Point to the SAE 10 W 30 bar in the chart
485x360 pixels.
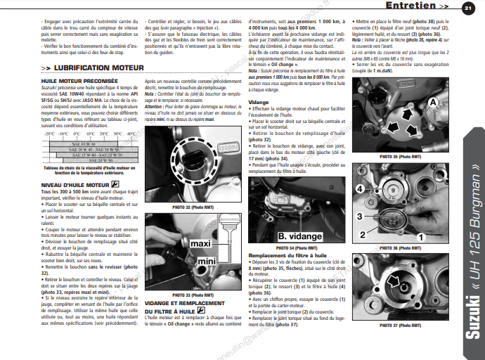tap(82, 143)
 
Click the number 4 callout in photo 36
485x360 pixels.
tap(359, 189)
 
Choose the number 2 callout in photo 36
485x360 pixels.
tap(363, 233)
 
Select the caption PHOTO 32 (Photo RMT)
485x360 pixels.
tap(192, 207)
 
